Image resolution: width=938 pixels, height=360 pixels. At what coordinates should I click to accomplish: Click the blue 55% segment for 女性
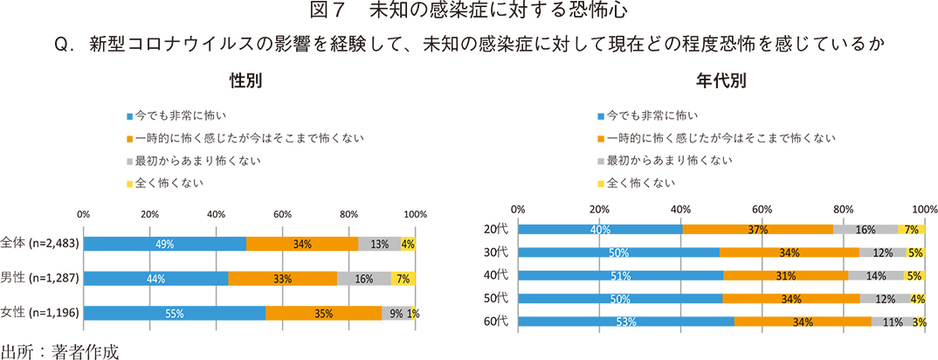174,312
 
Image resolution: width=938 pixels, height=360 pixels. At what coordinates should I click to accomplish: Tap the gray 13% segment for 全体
379,244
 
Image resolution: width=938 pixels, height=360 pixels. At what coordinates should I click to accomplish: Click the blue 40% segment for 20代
600,229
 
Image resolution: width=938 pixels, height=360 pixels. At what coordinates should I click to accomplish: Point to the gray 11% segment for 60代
891,322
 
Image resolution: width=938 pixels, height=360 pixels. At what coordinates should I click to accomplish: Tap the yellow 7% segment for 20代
911,229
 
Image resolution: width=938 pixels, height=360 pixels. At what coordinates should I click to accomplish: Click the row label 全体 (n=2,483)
40,244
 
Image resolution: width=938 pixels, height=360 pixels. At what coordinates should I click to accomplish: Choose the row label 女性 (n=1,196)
40,312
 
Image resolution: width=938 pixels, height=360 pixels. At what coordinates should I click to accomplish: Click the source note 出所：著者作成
59,350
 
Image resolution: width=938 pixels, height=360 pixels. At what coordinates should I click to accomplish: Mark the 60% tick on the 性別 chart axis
282,214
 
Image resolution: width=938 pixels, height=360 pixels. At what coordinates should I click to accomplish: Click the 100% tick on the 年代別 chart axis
925,209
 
